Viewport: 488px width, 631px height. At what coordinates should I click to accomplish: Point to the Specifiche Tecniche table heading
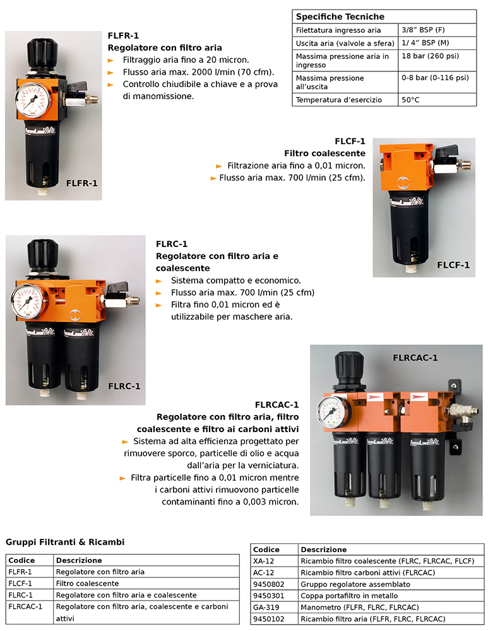point(340,16)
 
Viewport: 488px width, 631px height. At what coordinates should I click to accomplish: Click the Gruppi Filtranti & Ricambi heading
point(65,542)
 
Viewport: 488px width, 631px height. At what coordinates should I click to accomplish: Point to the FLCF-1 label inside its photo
point(453,265)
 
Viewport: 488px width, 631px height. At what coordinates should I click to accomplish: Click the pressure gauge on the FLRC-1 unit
point(29,302)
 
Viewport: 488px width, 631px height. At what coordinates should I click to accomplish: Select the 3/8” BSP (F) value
point(423,30)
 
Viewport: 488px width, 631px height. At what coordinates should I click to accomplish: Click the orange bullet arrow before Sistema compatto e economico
point(159,281)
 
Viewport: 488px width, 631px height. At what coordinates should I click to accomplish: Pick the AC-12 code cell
point(263,573)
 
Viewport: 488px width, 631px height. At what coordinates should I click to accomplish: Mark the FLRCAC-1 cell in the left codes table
point(25,606)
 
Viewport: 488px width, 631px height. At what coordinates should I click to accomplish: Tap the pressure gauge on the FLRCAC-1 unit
point(333,411)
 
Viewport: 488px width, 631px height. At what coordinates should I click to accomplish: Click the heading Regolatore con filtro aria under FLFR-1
point(165,47)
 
